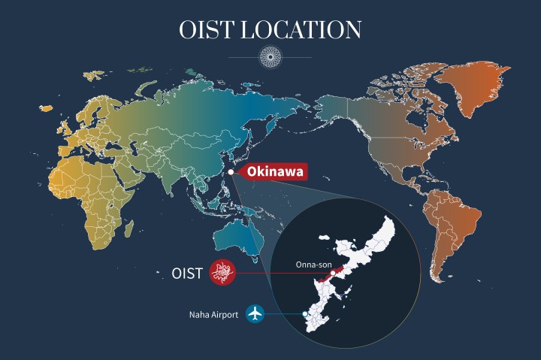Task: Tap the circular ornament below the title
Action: (270, 56)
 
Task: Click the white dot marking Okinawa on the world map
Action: (231, 172)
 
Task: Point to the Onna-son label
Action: (313, 264)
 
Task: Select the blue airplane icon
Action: (257, 314)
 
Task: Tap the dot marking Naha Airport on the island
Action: (304, 313)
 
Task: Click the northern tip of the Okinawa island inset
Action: (391, 220)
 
